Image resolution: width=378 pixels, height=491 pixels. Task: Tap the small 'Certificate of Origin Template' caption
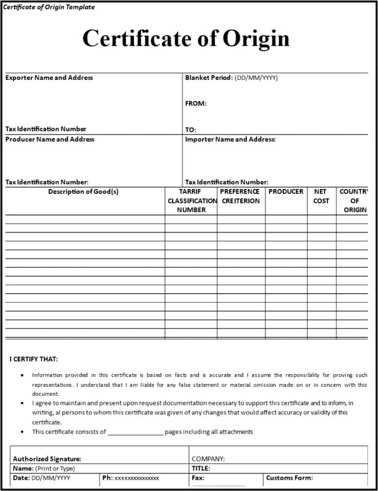click(49, 7)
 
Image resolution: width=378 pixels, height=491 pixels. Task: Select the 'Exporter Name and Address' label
click(49, 78)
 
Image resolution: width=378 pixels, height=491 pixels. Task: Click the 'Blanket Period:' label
click(209, 78)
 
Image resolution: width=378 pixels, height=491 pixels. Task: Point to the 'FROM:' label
click(196, 103)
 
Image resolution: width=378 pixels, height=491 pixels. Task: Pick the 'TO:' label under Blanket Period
click(191, 130)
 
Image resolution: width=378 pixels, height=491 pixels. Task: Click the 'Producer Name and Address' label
click(50, 139)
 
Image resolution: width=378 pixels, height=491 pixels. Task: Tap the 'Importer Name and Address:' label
click(230, 139)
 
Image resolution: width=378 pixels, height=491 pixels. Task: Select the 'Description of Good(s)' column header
click(83, 192)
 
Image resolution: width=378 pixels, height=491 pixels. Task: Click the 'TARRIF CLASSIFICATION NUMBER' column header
click(191, 201)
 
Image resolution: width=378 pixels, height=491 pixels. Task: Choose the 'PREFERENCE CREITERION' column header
click(240, 196)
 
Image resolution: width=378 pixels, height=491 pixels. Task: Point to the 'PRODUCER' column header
click(286, 192)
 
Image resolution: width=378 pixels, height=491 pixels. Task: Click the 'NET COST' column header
click(321, 196)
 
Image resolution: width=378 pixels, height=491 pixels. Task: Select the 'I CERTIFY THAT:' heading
click(34, 359)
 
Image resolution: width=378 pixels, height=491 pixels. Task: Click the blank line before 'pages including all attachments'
click(136, 433)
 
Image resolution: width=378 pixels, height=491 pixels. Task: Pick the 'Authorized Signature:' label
click(47, 458)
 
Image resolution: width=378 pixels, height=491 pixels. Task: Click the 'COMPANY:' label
click(208, 458)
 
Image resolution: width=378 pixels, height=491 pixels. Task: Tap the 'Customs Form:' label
click(289, 478)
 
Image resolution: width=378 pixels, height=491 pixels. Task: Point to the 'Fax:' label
click(198, 478)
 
